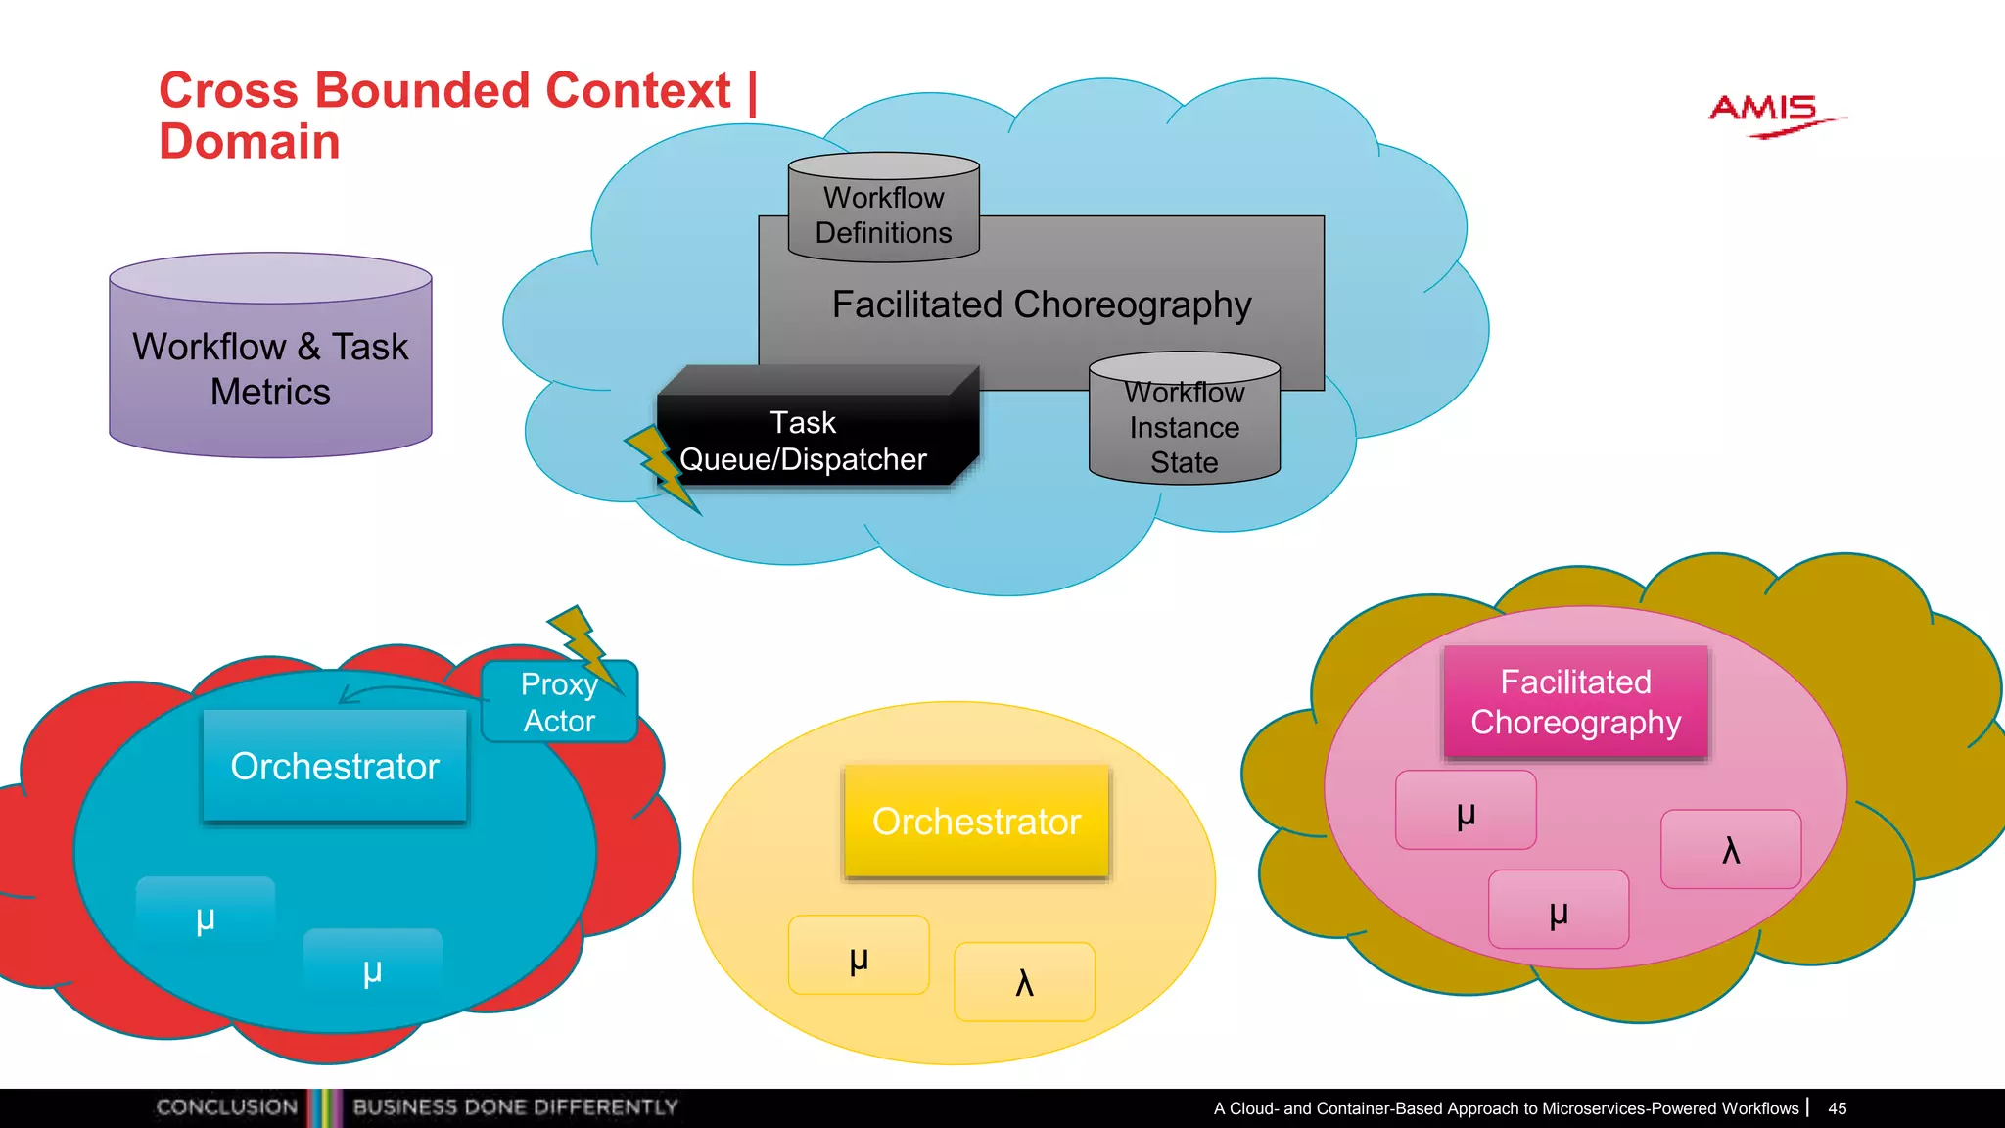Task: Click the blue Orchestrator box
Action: click(335, 766)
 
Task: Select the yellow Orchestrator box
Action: click(976, 822)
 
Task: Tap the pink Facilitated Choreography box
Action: click(1575, 702)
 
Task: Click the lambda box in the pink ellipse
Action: click(1730, 849)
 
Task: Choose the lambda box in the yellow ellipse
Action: click(1024, 981)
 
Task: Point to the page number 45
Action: click(1837, 1108)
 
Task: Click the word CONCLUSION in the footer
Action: click(227, 1107)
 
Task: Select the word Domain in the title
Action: click(250, 142)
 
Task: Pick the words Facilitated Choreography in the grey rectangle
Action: click(1042, 305)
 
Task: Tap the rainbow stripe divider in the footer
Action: click(324, 1107)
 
